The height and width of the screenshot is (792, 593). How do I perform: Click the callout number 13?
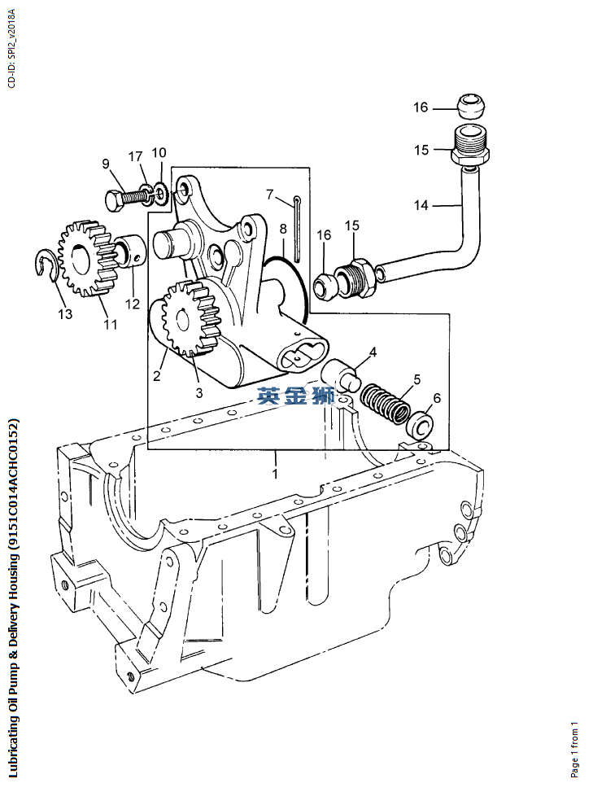(x=65, y=314)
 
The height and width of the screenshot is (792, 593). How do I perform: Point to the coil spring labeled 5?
(x=385, y=403)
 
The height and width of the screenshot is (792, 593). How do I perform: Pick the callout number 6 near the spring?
(x=437, y=398)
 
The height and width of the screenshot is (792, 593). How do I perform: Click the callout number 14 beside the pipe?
(x=421, y=205)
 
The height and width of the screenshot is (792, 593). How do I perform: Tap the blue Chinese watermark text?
(x=296, y=396)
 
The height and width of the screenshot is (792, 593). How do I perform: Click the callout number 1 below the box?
(x=275, y=474)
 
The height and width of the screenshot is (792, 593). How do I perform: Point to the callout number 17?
(x=135, y=156)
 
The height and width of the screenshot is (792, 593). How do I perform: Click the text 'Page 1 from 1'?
(x=574, y=750)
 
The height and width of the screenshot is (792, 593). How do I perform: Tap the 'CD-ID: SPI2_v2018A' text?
(x=11, y=48)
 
